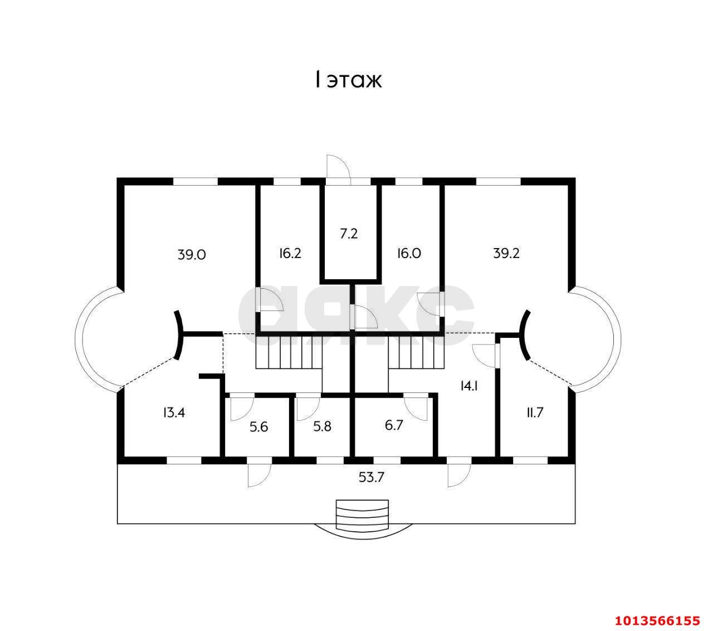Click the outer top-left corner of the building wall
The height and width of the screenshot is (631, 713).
pos(117,178)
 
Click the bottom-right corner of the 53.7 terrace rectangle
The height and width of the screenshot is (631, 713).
pos(575,523)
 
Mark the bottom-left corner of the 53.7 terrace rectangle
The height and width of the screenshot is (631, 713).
pos(117,523)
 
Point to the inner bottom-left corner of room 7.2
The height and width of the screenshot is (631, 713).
pos(325,279)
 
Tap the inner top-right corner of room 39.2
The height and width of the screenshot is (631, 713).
pos(568,185)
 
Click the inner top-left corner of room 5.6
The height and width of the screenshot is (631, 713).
pos(226,398)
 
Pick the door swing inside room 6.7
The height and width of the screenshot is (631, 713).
pos(416,409)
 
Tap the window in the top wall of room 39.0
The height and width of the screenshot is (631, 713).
pos(196,182)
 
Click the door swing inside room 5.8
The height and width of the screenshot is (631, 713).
pos(308,409)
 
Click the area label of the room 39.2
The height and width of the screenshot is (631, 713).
pos(506,253)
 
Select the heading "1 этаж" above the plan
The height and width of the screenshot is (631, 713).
pos(348,80)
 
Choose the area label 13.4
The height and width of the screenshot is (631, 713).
pos(174,412)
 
